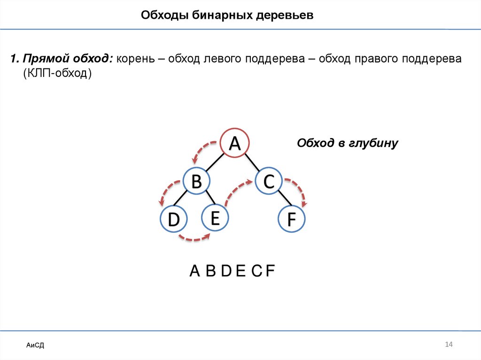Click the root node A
(235, 143)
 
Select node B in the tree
(196, 181)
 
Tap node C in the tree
(268, 181)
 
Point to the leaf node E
(215, 218)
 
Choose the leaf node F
(291, 220)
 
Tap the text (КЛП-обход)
(57, 74)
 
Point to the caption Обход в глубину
(347, 143)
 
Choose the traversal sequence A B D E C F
(232, 271)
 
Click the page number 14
(448, 345)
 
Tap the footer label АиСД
(35, 345)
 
